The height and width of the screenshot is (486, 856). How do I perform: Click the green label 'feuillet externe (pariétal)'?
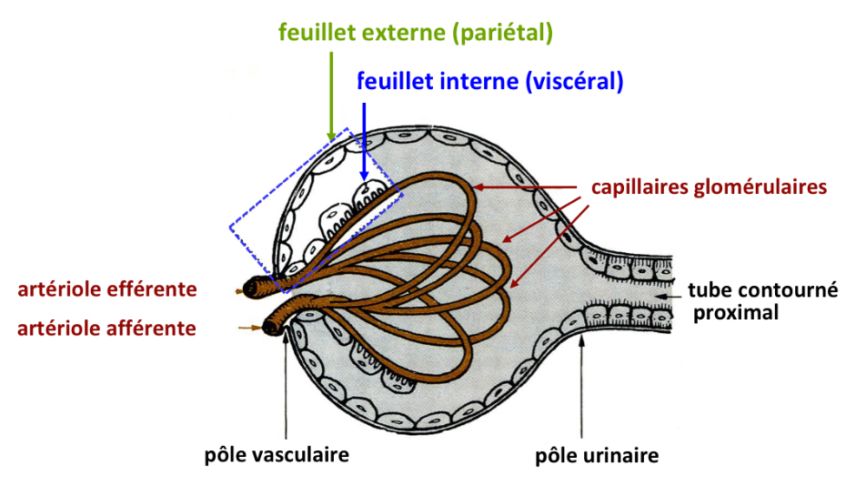[416, 34]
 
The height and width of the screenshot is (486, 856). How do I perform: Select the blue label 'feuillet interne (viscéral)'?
[490, 81]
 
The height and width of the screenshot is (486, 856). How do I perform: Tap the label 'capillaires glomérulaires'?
[709, 187]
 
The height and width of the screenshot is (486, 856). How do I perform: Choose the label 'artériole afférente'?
[106, 328]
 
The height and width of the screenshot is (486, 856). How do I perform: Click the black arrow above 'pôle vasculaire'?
[287, 382]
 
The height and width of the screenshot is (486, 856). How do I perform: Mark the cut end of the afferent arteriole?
[271, 324]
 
